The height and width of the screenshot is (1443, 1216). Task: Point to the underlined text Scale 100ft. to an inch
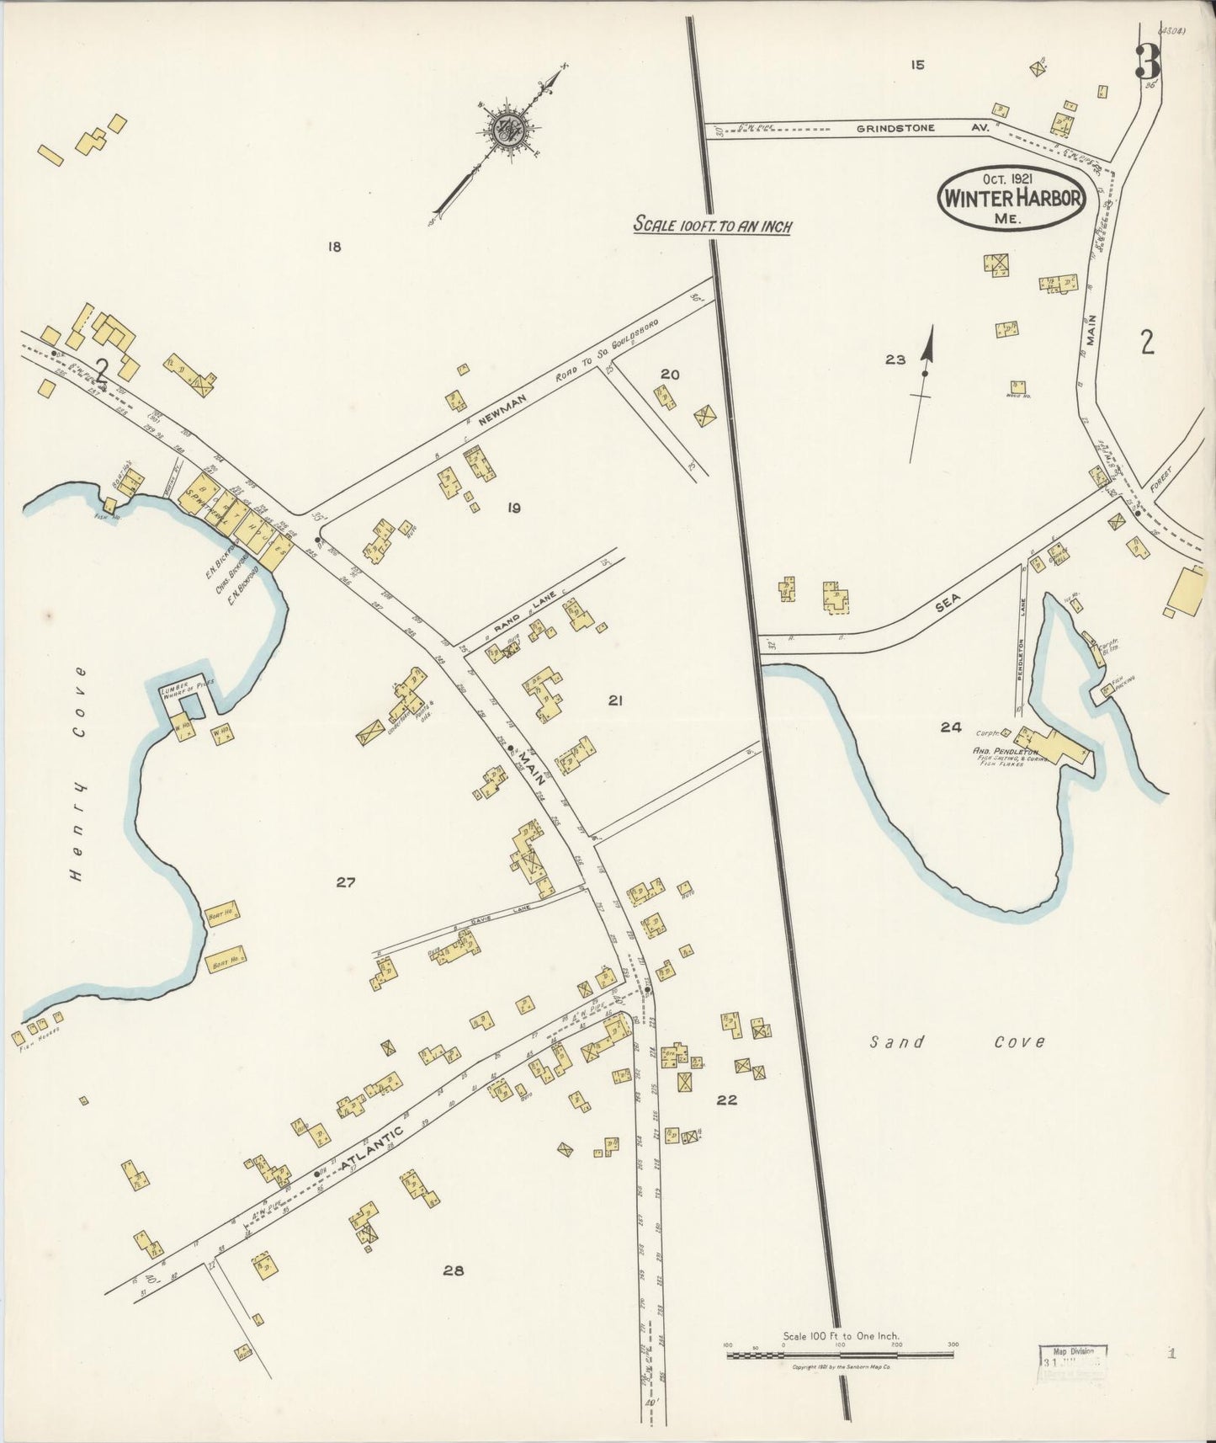point(712,226)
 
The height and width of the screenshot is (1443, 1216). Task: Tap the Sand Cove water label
point(957,1042)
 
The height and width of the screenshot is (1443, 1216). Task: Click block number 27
point(346,882)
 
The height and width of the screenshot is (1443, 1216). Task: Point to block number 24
point(951,727)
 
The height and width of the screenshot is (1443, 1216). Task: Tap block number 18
point(334,247)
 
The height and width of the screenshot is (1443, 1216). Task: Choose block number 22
point(727,1100)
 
